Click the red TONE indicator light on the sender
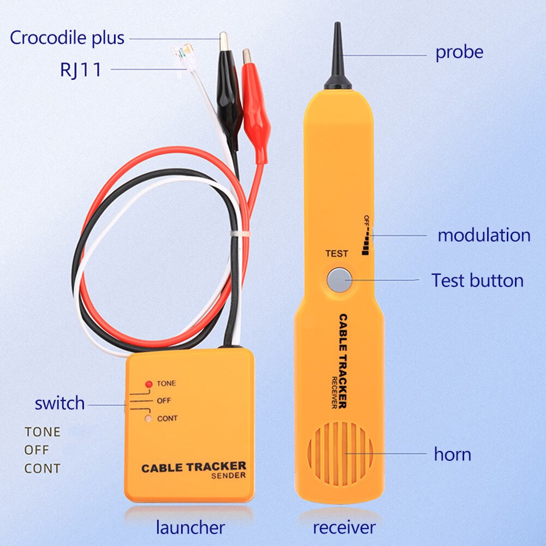148,384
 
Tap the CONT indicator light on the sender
148,419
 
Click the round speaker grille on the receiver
340,453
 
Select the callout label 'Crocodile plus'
67,38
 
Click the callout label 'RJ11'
81,70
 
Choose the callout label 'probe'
459,52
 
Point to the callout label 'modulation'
484,235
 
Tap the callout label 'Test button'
477,280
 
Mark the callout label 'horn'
452,454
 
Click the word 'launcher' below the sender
190,527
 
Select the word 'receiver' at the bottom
344,527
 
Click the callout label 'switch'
59,404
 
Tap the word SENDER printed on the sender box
228,476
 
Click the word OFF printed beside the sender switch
164,401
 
